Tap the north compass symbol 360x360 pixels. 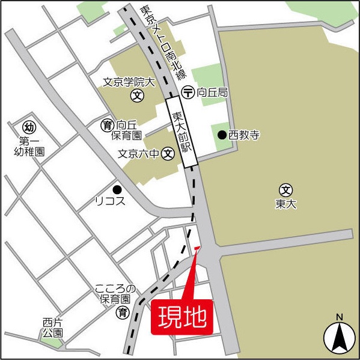[338, 337]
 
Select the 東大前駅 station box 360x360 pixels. [182, 133]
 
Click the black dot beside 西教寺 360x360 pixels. [222, 135]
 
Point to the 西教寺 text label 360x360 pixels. [243, 135]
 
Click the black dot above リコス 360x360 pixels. [117, 188]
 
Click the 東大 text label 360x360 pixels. [286, 204]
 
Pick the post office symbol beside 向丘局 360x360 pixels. [188, 93]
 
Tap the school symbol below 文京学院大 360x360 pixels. [138, 95]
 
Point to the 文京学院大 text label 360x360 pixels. [129, 81]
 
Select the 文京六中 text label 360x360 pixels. [139, 153]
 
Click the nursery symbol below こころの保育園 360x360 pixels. [123, 312]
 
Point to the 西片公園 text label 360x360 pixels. [52, 327]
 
